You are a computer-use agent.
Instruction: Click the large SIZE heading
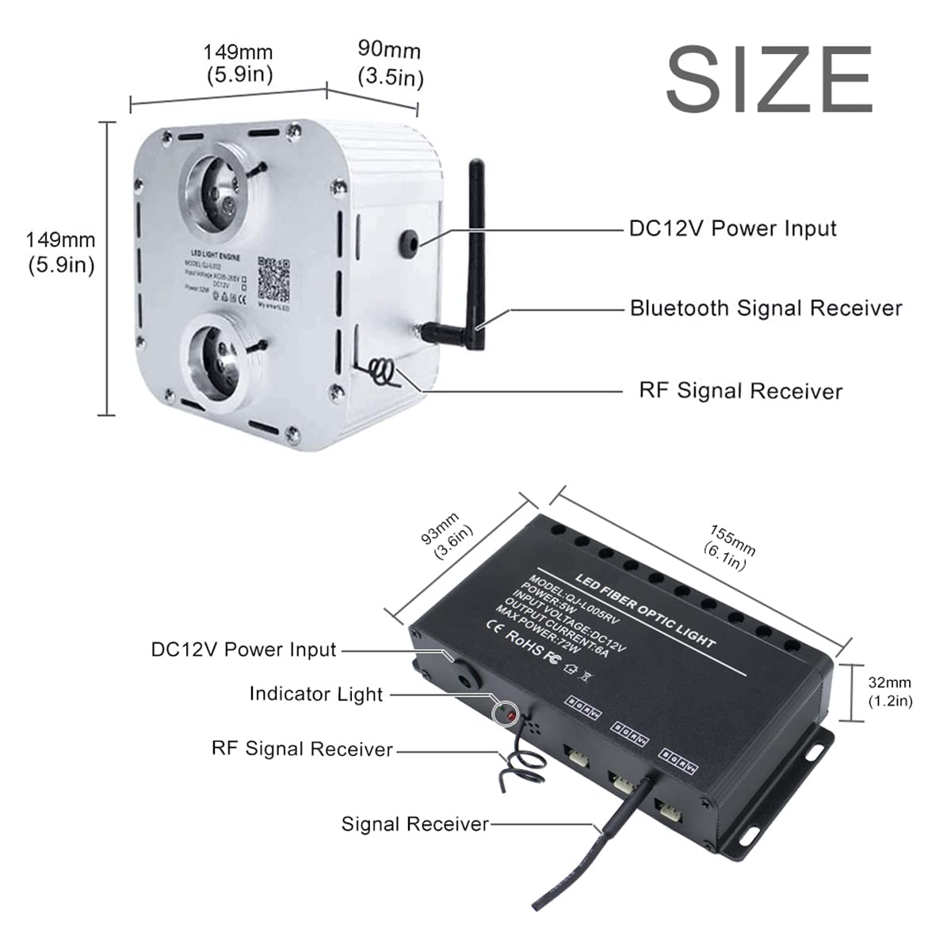tap(769, 81)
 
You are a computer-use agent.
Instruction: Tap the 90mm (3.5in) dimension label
tap(390, 65)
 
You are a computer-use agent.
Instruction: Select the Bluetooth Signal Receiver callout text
tap(766, 308)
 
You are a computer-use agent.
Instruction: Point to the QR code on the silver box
tap(274, 277)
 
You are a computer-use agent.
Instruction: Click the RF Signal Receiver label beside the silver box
tap(740, 391)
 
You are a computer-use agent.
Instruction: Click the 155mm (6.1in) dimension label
tap(728, 547)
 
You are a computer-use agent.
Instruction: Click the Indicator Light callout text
tap(315, 694)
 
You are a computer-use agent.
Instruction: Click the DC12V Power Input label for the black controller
tap(244, 650)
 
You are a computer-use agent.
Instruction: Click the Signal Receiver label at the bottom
tap(414, 824)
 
